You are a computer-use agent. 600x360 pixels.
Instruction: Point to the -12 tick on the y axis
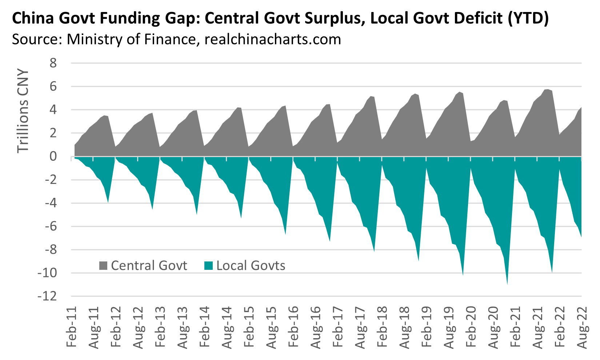click(x=47, y=296)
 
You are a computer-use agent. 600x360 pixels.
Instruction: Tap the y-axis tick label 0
click(x=53, y=157)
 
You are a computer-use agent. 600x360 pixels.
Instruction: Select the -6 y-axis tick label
click(x=51, y=227)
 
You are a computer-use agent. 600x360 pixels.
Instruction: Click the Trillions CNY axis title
click(x=23, y=111)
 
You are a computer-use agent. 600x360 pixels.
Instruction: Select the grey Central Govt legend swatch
click(x=103, y=266)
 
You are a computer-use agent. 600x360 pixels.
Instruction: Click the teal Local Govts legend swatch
click(x=208, y=266)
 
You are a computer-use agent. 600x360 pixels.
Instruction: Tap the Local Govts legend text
click(x=251, y=266)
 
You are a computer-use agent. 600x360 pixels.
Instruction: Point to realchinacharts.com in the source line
click(x=273, y=39)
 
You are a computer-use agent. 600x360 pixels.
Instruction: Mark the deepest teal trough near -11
click(x=507, y=283)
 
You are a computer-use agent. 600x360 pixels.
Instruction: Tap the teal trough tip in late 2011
click(x=108, y=201)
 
